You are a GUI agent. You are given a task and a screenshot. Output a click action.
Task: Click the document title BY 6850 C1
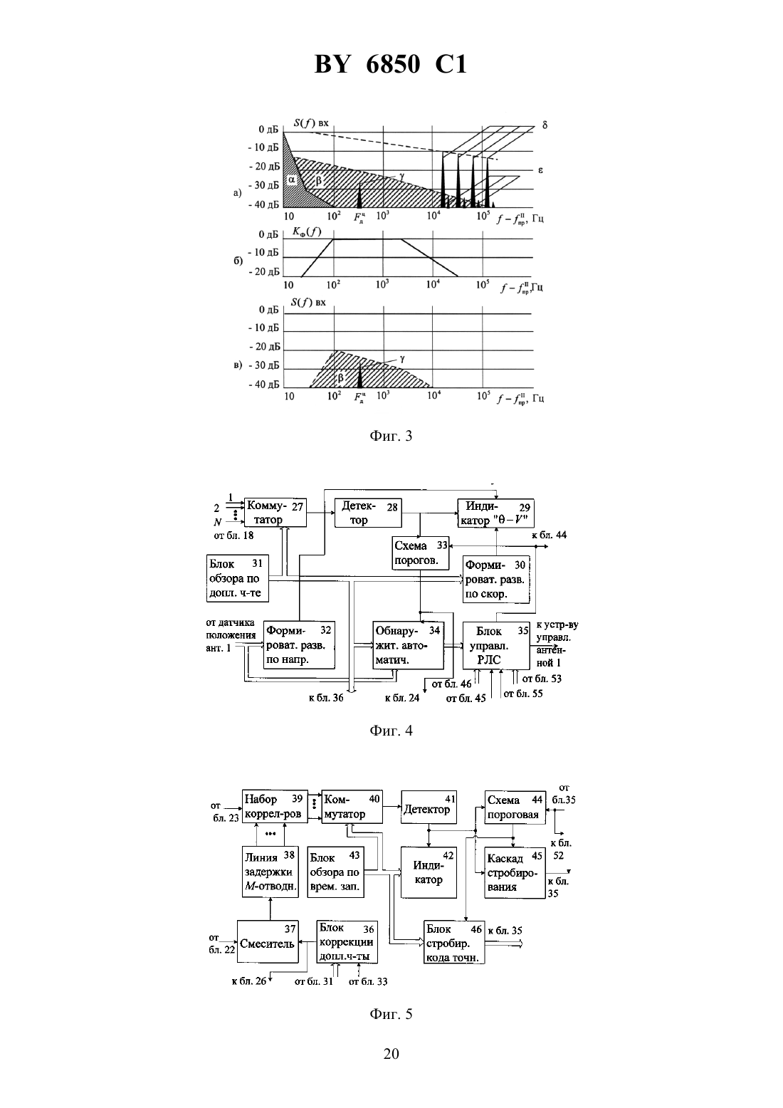pyautogui.click(x=391, y=64)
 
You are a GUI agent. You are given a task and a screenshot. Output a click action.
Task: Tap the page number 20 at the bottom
pyautogui.click(x=391, y=1054)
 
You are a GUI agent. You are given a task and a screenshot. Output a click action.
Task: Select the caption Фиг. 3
pyautogui.click(x=391, y=436)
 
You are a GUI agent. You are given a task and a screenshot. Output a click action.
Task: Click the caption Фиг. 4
pyautogui.click(x=391, y=731)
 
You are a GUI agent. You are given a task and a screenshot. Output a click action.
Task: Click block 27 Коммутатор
pyautogui.click(x=275, y=513)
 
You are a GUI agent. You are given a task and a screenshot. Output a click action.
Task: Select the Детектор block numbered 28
pyautogui.click(x=368, y=513)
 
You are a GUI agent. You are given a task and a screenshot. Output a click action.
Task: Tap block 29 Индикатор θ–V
pyautogui.click(x=496, y=513)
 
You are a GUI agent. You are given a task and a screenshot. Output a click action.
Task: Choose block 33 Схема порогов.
pyautogui.click(x=420, y=553)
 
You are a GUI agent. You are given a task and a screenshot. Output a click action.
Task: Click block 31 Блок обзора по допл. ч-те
pyautogui.click(x=237, y=578)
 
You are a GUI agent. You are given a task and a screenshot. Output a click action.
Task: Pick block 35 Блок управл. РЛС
pyautogui.click(x=496, y=646)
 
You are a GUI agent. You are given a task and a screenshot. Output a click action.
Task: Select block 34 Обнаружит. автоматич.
pyautogui.click(x=408, y=646)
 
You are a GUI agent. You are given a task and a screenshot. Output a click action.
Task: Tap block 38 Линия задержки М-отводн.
pyautogui.click(x=270, y=872)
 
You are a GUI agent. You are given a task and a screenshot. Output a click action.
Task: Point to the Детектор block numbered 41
pyautogui.click(x=429, y=808)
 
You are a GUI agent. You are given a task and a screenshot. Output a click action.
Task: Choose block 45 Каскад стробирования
pyautogui.click(x=515, y=872)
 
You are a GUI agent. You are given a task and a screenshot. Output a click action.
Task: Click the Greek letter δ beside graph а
pyautogui.click(x=545, y=125)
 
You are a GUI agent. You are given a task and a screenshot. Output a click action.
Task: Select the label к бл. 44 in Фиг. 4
pyautogui.click(x=550, y=535)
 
